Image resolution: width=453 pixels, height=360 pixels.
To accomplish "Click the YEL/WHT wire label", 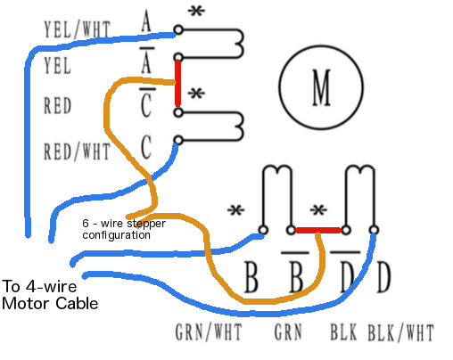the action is [x=78, y=29].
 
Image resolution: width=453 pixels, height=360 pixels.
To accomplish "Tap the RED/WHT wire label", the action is [x=77, y=151].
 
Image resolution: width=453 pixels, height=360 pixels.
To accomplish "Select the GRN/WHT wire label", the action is [x=209, y=331].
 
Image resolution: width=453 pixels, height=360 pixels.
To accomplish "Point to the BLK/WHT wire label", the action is [x=400, y=332].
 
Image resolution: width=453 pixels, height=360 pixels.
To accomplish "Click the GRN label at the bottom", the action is [x=288, y=331].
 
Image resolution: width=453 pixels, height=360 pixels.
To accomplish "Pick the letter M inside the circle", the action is [x=321, y=87].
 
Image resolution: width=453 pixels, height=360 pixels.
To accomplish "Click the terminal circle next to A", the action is [x=178, y=29].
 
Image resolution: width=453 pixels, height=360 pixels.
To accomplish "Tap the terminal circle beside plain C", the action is [x=178, y=140].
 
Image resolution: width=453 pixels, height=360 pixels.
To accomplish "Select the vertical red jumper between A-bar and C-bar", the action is [x=177, y=83].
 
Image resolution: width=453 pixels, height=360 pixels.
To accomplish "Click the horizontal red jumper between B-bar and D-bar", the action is [x=318, y=230].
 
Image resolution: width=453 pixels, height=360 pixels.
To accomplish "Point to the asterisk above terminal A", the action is [x=196, y=12].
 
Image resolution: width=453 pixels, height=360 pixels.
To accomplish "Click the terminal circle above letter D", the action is [x=374, y=230].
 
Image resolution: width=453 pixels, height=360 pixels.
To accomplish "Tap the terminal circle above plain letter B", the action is [x=263, y=230].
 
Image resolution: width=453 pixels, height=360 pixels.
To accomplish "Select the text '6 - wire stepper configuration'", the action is [x=124, y=229].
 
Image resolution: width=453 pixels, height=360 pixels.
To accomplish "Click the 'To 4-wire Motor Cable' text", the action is [x=50, y=295].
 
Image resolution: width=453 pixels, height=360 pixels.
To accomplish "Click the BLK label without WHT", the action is [x=343, y=331].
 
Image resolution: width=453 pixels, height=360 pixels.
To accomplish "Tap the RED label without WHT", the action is [x=57, y=105].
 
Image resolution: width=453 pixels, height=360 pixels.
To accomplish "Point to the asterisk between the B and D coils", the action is [x=318, y=210].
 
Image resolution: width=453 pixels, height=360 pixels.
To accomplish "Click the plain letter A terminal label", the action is [x=146, y=20].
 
